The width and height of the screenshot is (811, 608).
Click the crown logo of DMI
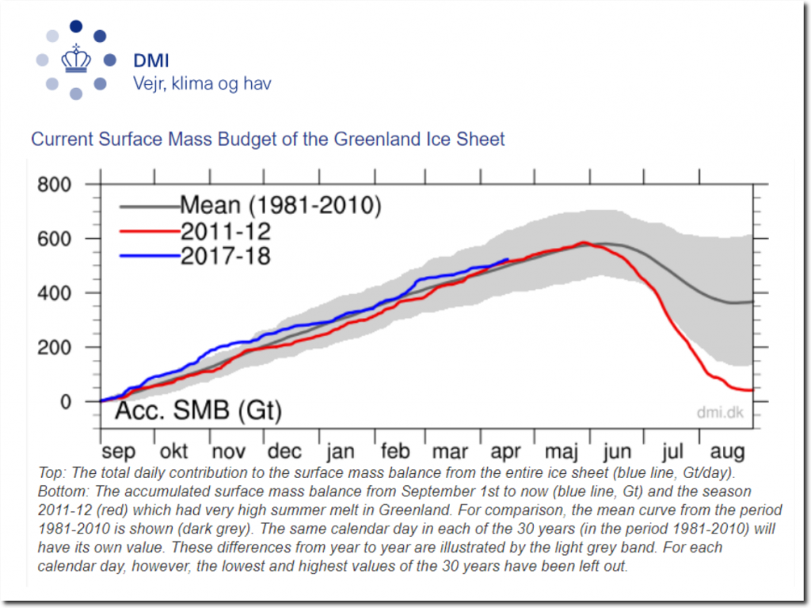coord(76,59)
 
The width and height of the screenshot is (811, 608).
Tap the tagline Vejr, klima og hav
coord(200,83)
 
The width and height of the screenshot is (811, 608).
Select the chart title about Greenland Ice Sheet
coord(268,140)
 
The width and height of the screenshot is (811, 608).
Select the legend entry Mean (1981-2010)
coord(280,206)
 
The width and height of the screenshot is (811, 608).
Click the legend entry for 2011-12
coord(226,231)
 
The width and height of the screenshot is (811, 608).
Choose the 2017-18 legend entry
coord(226,255)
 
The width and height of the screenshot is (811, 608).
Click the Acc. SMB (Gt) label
coord(199,411)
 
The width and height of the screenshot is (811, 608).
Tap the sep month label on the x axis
coord(118,451)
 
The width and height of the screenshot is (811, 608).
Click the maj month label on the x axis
coord(562,452)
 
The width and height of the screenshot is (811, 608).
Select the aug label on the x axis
coord(727,452)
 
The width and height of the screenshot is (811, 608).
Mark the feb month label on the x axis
coord(395,451)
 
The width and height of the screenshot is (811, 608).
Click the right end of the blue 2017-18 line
coord(508,258)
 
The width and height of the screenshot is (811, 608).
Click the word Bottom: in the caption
coord(59,490)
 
